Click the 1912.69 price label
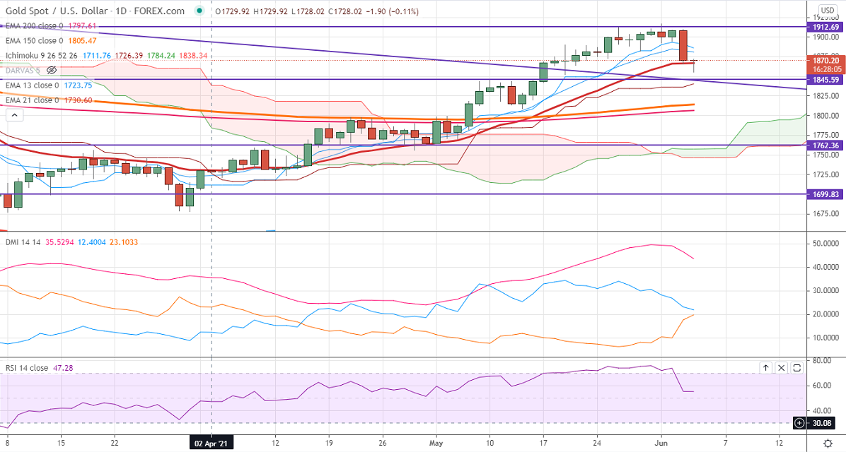(825, 27)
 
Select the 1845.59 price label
(825, 79)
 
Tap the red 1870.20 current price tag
(825, 61)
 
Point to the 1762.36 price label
(825, 145)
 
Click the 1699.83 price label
(825, 194)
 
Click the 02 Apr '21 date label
(213, 443)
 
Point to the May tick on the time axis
(436, 443)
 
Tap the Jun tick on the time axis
(661, 443)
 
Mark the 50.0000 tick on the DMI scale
(825, 244)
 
